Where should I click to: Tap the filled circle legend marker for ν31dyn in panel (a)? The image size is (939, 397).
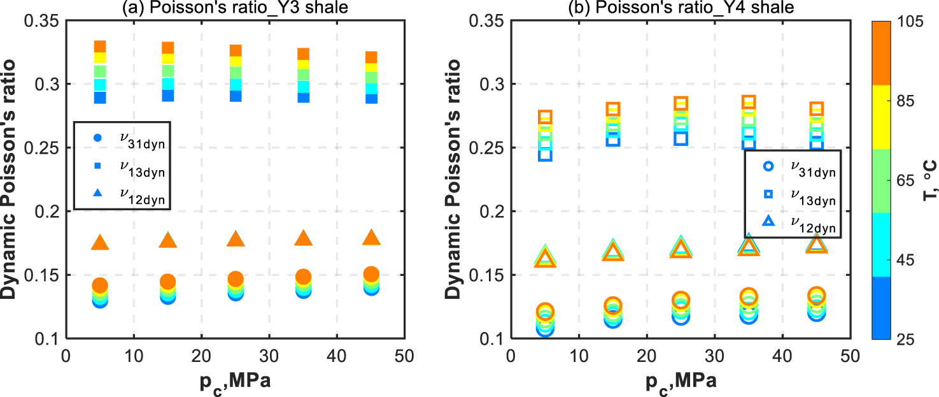(97, 138)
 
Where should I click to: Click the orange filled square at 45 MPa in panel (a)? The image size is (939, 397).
(372, 57)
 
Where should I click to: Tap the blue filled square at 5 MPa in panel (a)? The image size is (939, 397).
(100, 97)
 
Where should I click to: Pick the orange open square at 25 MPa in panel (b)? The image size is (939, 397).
(681, 104)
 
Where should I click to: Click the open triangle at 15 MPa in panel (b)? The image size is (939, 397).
(613, 251)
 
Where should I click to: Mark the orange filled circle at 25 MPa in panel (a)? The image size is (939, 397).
(236, 279)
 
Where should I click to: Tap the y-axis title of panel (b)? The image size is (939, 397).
(453, 180)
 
